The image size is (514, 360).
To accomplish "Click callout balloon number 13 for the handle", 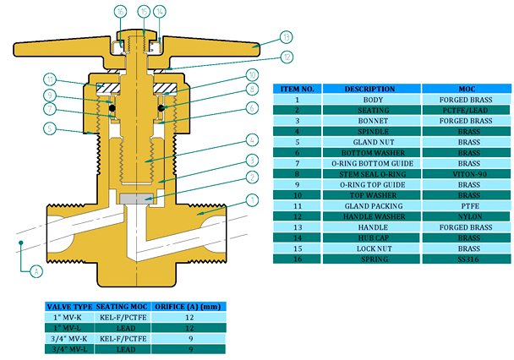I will pos(287,37).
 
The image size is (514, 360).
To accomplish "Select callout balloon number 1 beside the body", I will pos(250,200).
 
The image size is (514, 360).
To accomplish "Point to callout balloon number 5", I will pos(51,128).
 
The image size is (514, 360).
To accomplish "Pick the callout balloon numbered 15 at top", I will pos(143,11).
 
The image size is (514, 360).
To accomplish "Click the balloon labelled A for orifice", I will pos(34,271).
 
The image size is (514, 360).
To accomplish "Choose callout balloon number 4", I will pos(250,139).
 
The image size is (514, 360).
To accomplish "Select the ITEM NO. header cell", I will pos(296,89).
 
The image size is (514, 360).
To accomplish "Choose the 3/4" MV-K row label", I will pos(68,337).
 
